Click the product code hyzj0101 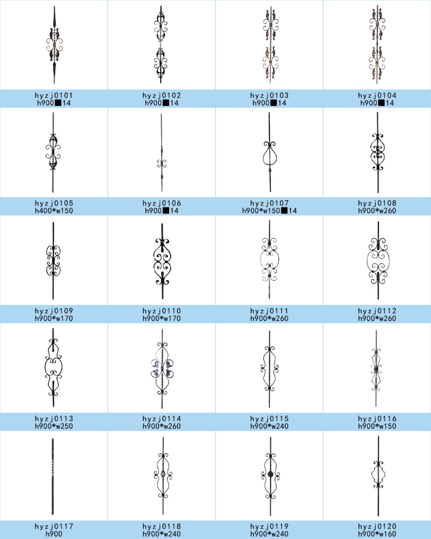click(x=54, y=95)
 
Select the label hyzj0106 click(x=162, y=203)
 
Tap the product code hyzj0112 click(x=377, y=311)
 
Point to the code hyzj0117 click(x=54, y=526)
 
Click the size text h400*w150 click(x=54, y=211)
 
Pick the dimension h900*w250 click(x=54, y=426)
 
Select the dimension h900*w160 click(x=377, y=534)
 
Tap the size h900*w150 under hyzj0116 click(x=377, y=426)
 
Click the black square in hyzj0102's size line click(x=165, y=103)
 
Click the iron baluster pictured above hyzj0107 click(x=270, y=153)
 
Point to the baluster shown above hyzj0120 click(x=377, y=477)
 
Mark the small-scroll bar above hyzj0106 click(x=162, y=153)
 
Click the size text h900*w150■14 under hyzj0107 click(x=270, y=211)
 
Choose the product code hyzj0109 click(x=54, y=311)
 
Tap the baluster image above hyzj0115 click(x=270, y=367)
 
